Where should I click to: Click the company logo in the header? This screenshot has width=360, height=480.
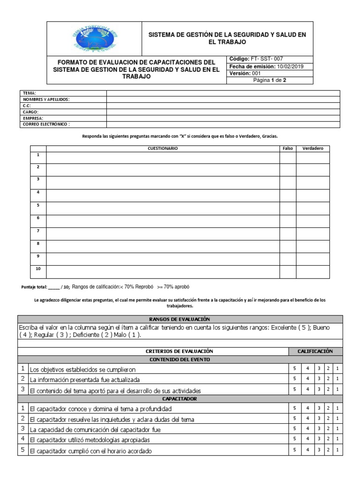94,38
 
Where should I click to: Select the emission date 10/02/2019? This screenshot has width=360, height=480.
290,66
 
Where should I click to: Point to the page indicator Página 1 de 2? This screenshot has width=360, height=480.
270,80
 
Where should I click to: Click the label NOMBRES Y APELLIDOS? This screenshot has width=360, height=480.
46,99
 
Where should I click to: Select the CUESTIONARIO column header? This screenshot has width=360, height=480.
163,149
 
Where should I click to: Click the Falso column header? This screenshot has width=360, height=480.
288,149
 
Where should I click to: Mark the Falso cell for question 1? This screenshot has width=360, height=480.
288,157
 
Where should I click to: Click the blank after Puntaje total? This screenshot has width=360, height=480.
54,287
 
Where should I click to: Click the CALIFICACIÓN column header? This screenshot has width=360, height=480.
315,351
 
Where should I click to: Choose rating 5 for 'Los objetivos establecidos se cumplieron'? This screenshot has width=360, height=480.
294,368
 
